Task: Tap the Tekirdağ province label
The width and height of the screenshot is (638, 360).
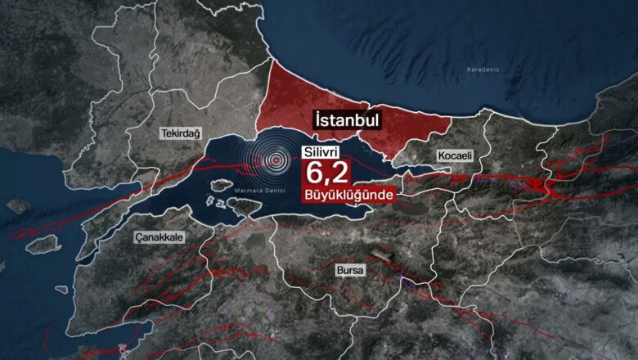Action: [x=181, y=133]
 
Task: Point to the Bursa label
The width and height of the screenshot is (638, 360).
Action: [x=349, y=268]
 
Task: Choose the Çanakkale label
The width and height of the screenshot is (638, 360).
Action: [x=159, y=236]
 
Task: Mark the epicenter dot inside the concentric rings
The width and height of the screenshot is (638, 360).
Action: [x=276, y=160]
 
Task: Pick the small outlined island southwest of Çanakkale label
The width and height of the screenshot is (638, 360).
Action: [x=61, y=287]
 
